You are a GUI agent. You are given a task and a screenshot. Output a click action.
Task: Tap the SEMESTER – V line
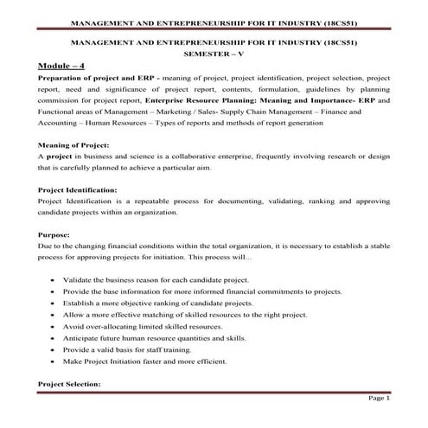[214, 53]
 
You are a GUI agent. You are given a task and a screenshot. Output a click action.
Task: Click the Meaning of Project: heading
[75, 145]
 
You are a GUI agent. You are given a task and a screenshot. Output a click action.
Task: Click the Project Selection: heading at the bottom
[71, 382]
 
